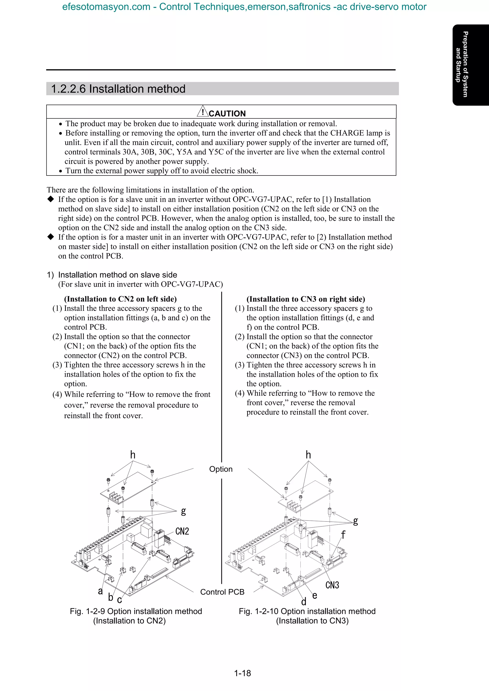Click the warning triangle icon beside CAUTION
203,112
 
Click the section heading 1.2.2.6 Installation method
118,89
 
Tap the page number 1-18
243,673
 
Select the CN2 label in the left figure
182,531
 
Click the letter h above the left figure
133,455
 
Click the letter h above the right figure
308,455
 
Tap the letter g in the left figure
183,511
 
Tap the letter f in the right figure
343,535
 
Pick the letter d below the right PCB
304,602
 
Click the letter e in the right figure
314,595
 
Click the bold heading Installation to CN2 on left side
120,299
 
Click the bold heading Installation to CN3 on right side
306,299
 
